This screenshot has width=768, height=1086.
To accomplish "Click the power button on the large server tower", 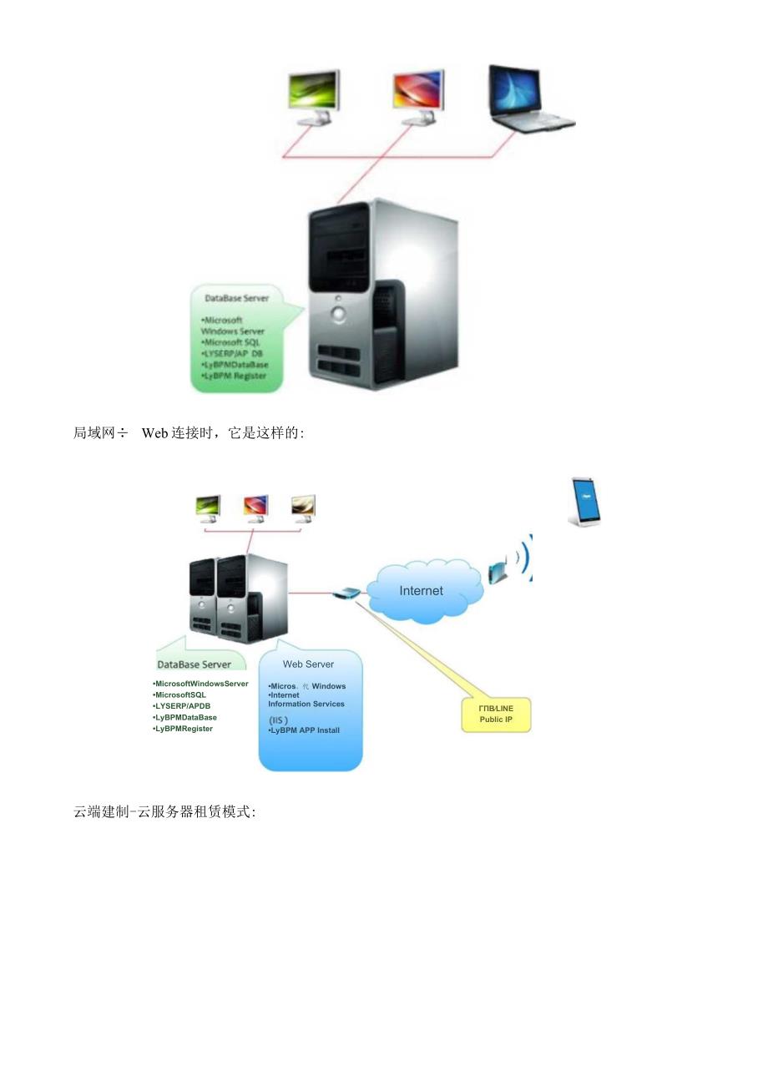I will pos(339,315).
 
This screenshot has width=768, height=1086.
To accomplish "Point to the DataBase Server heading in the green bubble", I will pos(237,297).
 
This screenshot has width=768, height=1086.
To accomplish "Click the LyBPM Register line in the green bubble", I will pos(234,376).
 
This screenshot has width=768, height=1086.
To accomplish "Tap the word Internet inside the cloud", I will pos(421,590).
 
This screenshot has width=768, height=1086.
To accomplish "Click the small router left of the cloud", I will pos(346,594).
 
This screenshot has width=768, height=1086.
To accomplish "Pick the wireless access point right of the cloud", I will pos(498,572).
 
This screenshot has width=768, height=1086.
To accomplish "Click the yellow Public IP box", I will pos(496,714).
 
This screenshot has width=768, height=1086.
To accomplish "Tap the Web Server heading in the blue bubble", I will pos(308,664).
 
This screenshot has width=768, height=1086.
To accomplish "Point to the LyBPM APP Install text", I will pos(305,730).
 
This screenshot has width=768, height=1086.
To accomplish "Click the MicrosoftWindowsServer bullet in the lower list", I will pos(201,684).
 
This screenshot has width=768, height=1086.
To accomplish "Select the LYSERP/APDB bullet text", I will pos(183,706).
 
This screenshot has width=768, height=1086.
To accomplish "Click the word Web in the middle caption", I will pos(155,432).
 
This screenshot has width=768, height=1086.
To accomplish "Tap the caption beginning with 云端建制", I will pos(164,811).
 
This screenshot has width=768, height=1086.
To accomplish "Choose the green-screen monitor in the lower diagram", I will pos(208,506).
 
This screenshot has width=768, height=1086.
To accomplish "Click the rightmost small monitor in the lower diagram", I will pos(303,506).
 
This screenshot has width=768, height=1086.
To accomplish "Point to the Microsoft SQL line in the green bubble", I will pos(231,342).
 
